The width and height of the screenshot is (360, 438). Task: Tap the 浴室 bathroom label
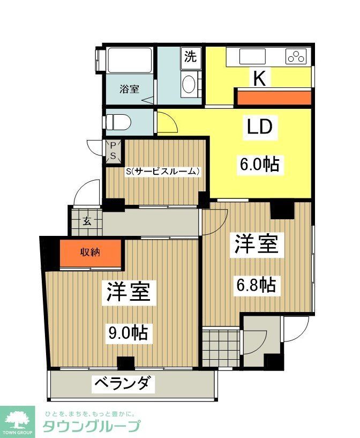tap(130, 88)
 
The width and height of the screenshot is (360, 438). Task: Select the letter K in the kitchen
tap(259, 79)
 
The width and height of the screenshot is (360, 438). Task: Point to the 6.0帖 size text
tap(259, 164)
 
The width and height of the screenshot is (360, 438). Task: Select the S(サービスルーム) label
tap(163, 172)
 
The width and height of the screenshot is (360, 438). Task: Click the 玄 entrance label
tap(86, 220)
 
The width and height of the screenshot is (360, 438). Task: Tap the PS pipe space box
tap(114, 150)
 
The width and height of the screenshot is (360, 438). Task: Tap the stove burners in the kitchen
tap(296, 56)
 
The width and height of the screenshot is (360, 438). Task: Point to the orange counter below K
tap(274, 98)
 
